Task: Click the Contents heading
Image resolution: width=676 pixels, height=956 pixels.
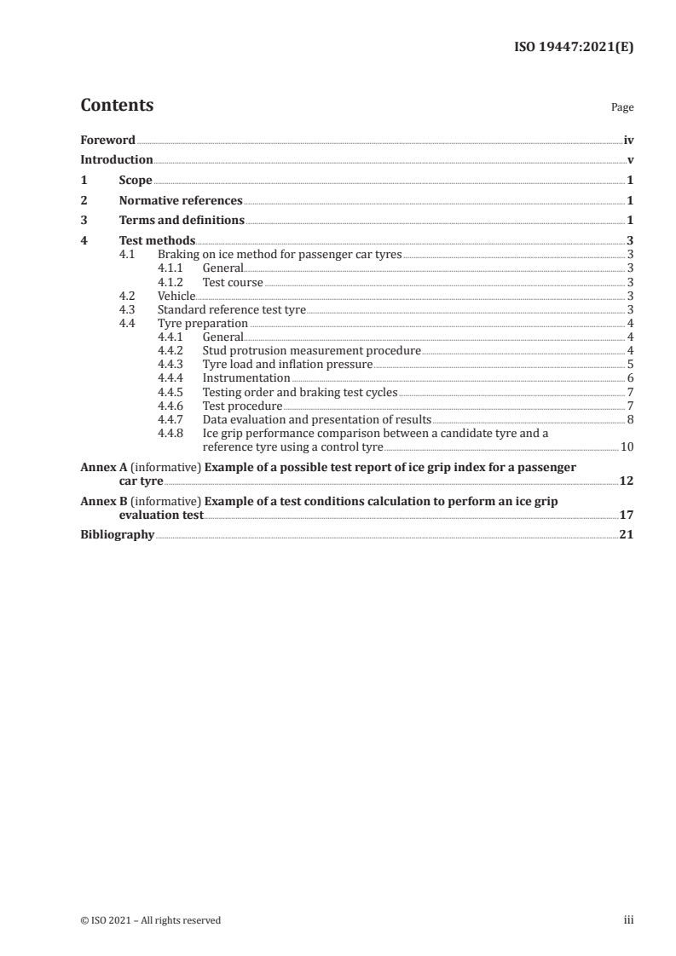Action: [117, 106]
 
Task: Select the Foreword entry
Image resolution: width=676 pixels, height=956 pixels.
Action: [107, 140]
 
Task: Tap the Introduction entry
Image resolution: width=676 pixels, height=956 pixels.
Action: [117, 160]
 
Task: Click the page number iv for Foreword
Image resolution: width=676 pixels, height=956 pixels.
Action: [628, 140]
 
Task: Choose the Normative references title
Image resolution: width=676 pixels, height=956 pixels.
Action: [181, 201]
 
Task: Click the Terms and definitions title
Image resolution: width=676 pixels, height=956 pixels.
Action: [182, 221]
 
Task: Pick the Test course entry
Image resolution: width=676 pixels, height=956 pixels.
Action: [233, 282]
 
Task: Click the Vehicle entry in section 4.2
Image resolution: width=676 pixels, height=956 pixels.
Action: [176, 296]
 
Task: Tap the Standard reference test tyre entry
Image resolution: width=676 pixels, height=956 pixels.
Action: [232, 309]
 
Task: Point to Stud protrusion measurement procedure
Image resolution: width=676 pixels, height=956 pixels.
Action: [311, 350]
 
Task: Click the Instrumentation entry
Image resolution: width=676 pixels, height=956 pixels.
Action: [246, 377]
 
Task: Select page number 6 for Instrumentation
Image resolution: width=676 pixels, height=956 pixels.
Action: [629, 377]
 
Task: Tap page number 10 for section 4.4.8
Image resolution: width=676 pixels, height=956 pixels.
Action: [627, 446]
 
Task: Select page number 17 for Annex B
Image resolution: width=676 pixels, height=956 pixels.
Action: [627, 515]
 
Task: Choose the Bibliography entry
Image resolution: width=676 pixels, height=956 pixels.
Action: [118, 535]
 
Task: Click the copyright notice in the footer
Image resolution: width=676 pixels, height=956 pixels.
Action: [151, 920]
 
